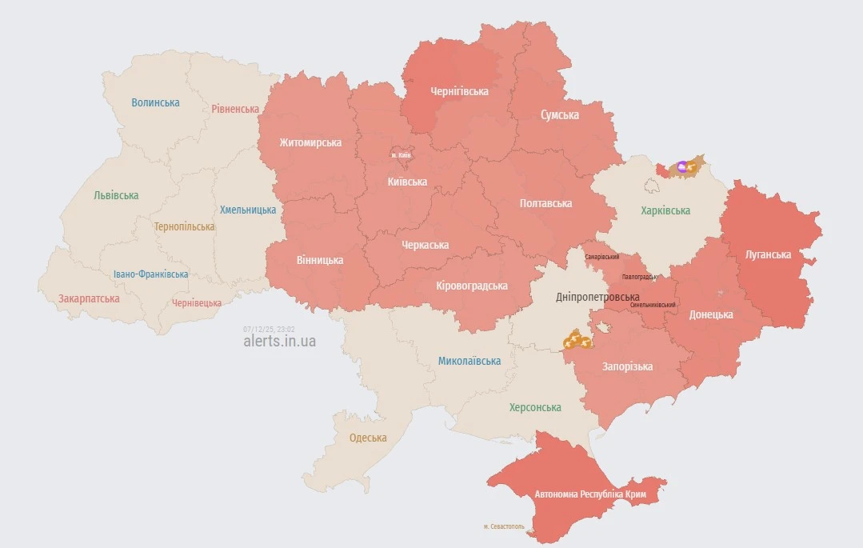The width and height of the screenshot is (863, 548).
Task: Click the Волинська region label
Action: pos(156,102)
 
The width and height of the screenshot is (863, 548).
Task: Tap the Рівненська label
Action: pos(235,109)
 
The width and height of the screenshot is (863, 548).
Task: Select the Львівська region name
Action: pos(116,195)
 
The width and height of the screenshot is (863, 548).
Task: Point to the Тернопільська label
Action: pos(184,226)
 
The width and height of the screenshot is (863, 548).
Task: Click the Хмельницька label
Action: pos(248,210)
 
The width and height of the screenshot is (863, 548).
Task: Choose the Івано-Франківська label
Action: pos(151,274)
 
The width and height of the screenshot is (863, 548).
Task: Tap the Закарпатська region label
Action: pos(89,298)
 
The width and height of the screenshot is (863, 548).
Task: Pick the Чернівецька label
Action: pos(197,303)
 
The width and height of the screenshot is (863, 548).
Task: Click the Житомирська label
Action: pos(310,142)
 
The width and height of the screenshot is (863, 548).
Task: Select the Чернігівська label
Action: pos(459,91)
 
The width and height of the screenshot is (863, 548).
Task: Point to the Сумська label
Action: pos(560,115)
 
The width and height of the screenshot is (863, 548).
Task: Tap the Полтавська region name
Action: pos(545,203)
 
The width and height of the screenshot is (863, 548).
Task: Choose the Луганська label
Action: pos(768,254)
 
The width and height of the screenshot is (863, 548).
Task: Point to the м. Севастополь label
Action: pos(504,526)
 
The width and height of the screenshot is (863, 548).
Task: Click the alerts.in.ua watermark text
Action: pos(279,342)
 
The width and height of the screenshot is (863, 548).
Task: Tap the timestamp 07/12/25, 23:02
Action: pos(269,329)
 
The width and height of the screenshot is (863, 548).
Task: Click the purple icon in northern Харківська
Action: pos(681,166)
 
